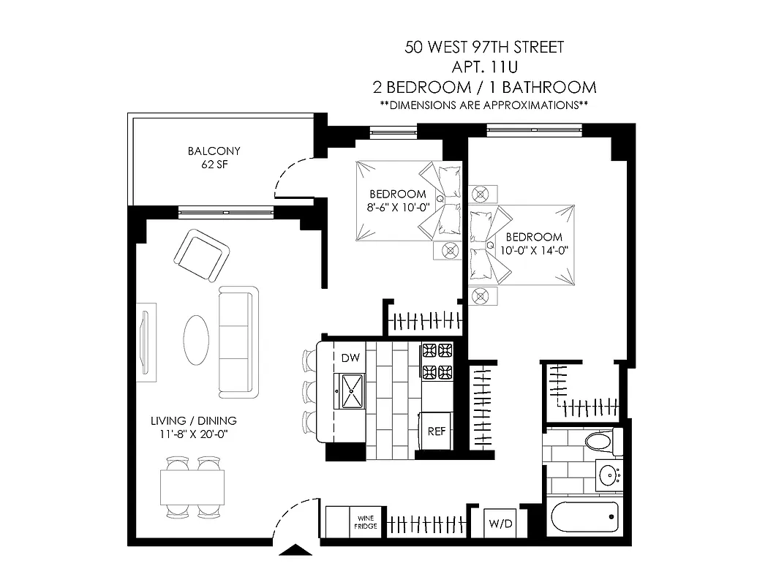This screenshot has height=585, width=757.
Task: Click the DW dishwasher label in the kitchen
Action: [x=351, y=358]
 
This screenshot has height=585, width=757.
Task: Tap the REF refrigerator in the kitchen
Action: [x=437, y=431]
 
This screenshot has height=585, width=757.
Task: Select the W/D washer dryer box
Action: [x=500, y=524]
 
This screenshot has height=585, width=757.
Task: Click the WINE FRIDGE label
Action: [x=366, y=521]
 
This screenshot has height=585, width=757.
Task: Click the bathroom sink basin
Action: [x=609, y=476]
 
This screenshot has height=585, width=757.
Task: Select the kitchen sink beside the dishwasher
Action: [x=352, y=390]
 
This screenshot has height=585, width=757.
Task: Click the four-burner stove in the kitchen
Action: [x=437, y=361]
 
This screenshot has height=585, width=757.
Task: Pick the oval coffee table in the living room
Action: [x=196, y=339]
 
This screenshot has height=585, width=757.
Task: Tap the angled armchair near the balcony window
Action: [x=201, y=255]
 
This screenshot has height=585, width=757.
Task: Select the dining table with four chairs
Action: [x=192, y=487]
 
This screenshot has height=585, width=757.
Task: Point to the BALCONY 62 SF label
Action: [x=214, y=158]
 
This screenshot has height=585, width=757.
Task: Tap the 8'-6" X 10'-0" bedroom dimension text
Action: [x=397, y=207]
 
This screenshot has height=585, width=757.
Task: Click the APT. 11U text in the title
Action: [x=484, y=67]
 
